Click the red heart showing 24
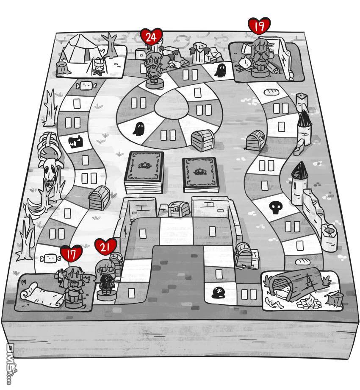pos(151,37)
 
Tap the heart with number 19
pos(259,27)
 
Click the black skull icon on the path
pos(275,207)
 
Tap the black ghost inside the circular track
pos(138,128)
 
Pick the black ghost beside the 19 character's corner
pos(221,70)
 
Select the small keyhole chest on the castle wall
pos(174,208)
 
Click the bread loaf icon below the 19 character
pos(270,91)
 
